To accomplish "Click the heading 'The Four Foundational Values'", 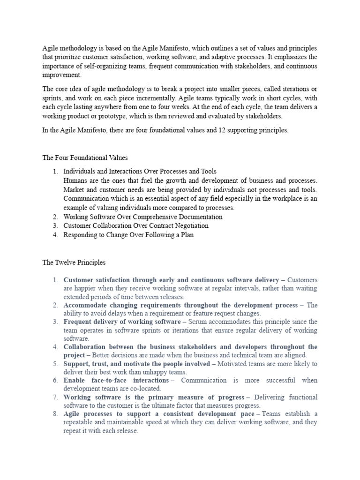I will pos(85,157).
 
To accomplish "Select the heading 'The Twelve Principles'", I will pos(75,262).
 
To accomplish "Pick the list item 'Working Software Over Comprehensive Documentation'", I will pos(143,217).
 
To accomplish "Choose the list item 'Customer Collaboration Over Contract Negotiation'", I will pos(136,226).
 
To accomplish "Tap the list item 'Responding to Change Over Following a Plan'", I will pos(128,235).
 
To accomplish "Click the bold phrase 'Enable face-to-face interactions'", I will pos(116,380).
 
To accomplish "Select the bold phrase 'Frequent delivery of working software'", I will pos(122,322).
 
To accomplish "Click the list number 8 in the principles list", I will pos(55,414).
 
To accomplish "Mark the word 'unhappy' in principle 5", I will pos(145,372).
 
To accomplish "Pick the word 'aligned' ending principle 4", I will pos(294,355).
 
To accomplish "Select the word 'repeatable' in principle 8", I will pos(79,423).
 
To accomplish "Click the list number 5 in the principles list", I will pos(55,364).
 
